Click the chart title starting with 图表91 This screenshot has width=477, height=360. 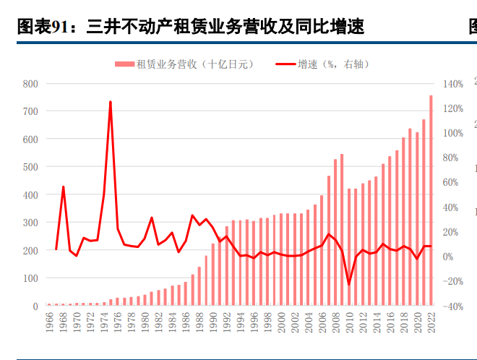189,27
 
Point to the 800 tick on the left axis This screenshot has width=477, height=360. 30,84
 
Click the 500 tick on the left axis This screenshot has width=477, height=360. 30,167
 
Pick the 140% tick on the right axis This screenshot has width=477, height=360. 452,84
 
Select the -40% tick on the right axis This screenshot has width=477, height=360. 452,307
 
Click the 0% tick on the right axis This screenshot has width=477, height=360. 449,257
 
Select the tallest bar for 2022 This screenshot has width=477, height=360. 431,200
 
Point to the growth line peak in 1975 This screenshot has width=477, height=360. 111,102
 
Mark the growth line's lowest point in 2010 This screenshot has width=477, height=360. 349,284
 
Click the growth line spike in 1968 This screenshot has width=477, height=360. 63,187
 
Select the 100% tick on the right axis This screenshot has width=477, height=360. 452,133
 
